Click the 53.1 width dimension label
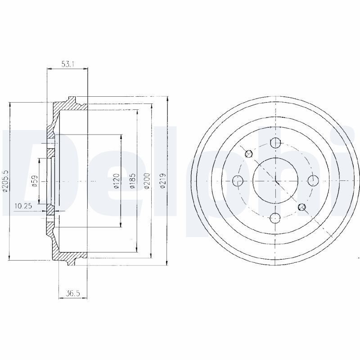tap(67, 64)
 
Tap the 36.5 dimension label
tap(73, 293)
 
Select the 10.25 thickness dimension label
tap(23, 206)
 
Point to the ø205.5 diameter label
tap(5, 181)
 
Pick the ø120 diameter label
tap(117, 181)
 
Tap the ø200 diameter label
tap(147, 181)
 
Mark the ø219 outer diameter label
tap(163, 181)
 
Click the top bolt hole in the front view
tap(275, 143)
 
